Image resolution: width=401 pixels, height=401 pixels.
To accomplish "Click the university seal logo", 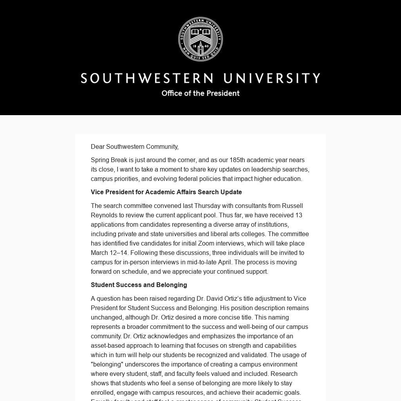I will [200, 39].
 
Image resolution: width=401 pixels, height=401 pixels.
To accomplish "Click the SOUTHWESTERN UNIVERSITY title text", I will [200, 78].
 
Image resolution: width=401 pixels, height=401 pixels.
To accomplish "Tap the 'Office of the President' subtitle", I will [200, 93].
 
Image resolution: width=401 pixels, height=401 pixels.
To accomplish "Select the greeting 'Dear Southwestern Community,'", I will [135, 147].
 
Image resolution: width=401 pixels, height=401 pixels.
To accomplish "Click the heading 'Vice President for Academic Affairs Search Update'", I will [166, 192].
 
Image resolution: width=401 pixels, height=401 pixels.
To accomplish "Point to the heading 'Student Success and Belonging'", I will [139, 285].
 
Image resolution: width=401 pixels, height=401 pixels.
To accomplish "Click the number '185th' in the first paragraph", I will [237, 160].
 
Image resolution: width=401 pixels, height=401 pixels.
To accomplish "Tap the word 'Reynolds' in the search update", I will [103, 215].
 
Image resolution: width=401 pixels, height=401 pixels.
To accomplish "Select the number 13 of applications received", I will [299, 215].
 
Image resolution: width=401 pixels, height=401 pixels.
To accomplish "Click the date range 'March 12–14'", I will [109, 253].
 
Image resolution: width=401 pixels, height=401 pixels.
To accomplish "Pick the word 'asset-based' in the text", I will [107, 346].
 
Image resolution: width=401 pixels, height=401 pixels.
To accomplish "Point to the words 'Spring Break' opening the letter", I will [109, 160].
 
